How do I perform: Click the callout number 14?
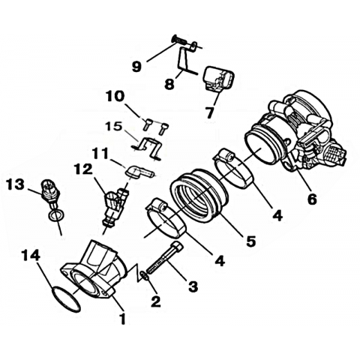[31, 256]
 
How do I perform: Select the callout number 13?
[16, 184]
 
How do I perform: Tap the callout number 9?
[136, 67]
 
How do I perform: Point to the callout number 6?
[312, 199]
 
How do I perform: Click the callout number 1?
[122, 319]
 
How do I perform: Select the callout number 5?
[250, 241]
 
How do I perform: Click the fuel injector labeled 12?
[115, 205]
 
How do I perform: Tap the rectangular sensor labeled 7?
[219, 78]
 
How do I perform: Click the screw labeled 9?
[178, 41]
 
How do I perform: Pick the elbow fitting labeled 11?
[139, 172]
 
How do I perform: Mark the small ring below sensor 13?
[56, 215]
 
